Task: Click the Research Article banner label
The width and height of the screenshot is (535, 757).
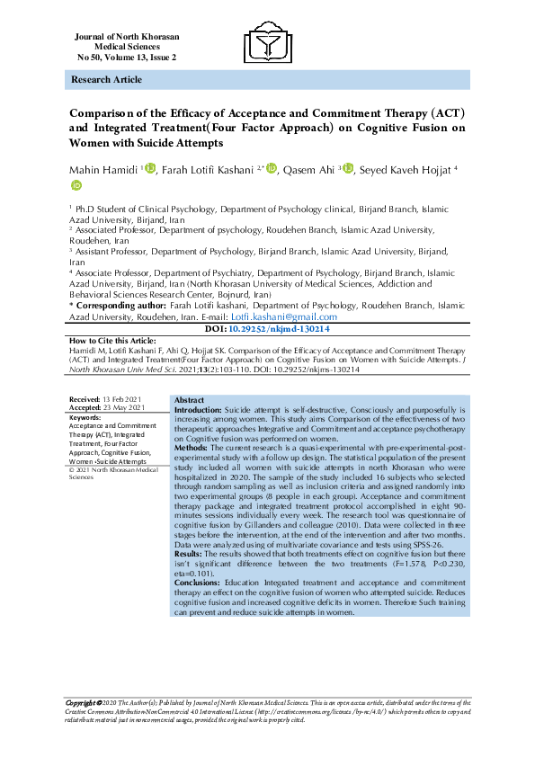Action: click(x=103, y=80)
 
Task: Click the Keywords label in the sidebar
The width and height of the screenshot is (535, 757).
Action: click(x=85, y=417)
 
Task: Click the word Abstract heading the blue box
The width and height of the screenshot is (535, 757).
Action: click(x=164, y=399)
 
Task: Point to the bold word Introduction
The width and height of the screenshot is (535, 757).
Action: click(x=176, y=409)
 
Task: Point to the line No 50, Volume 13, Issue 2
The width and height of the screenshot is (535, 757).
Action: click(x=127, y=57)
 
